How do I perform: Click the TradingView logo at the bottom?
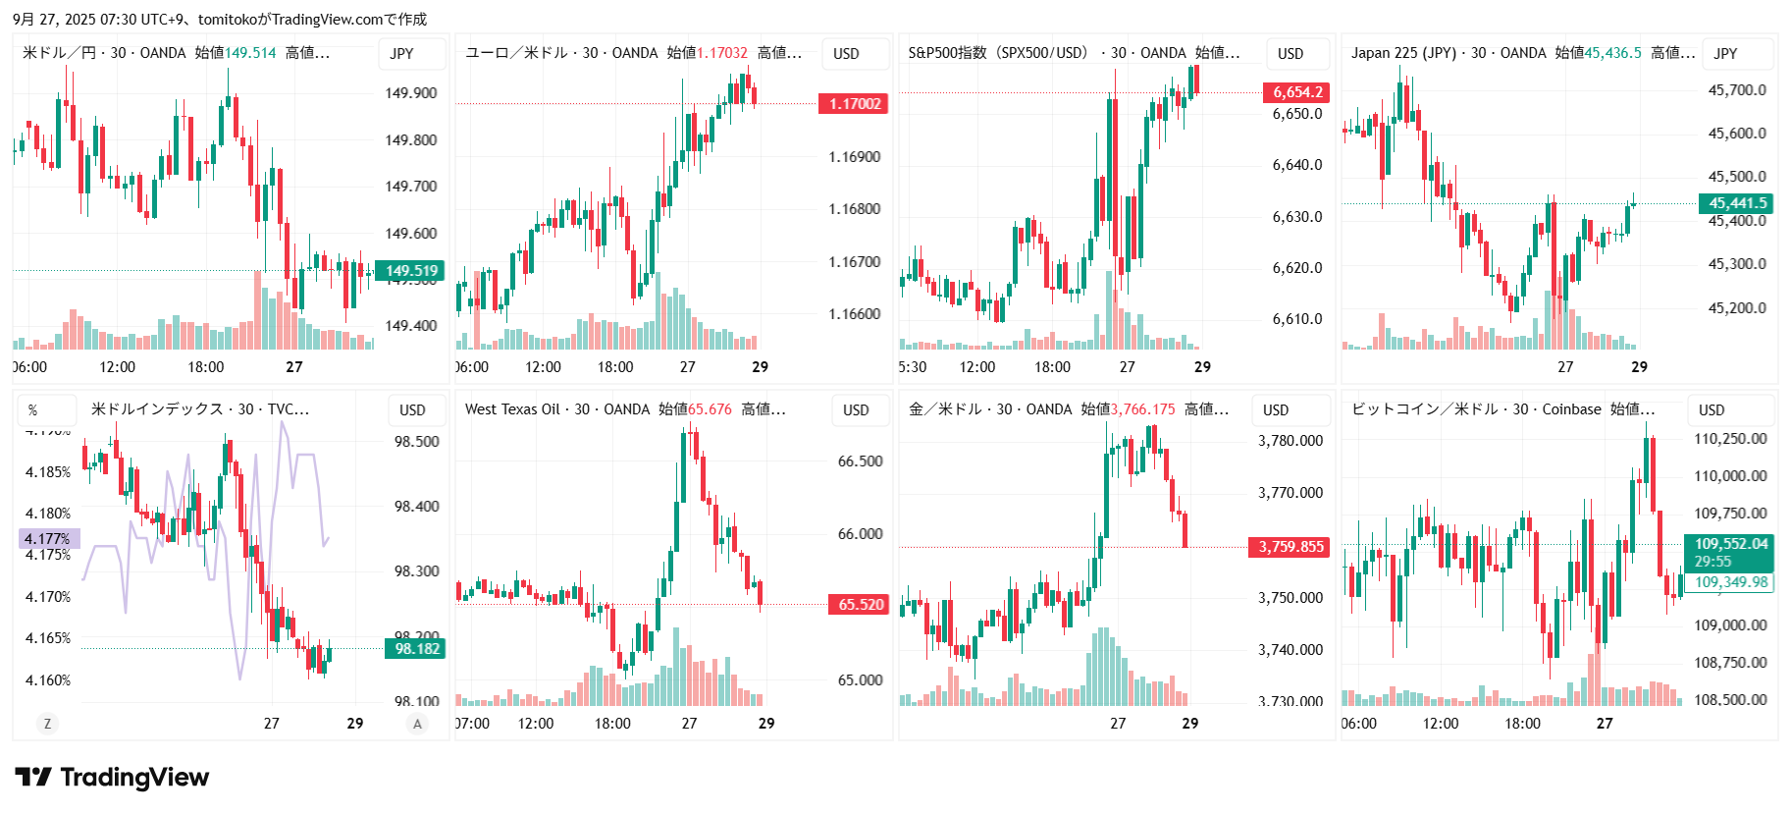112,778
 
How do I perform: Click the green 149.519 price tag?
410,271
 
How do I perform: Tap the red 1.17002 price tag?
854,104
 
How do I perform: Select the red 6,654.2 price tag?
1296,92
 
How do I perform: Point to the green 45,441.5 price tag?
1736,203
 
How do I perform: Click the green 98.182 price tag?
416,649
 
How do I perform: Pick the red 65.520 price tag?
860,605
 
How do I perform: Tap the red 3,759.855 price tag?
1290,547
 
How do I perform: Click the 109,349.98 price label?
1729,582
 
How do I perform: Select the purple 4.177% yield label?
48,538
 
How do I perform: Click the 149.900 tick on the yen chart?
410,93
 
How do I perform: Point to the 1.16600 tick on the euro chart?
854,314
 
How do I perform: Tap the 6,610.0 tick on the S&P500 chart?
1296,319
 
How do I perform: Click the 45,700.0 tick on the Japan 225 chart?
1736,90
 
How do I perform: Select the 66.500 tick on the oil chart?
860,461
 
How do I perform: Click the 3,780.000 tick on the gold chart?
1290,441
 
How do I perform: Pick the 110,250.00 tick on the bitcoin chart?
1729,439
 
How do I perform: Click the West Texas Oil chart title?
557,409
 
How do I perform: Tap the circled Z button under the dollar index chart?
46,724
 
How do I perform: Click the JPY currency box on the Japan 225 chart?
1725,54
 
